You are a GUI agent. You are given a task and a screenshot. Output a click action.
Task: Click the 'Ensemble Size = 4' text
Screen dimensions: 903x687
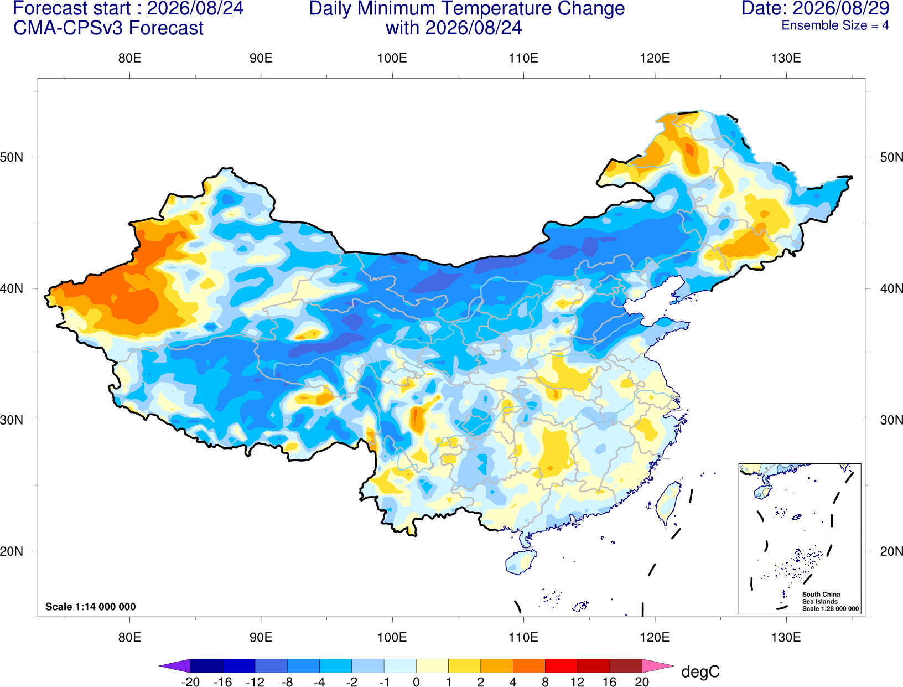(835, 25)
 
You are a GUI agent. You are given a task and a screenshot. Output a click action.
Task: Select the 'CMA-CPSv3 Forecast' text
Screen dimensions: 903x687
(108, 28)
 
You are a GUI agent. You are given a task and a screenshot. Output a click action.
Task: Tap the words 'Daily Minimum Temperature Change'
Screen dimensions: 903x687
(467, 8)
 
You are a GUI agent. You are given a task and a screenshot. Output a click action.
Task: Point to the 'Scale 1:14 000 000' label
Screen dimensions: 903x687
(91, 606)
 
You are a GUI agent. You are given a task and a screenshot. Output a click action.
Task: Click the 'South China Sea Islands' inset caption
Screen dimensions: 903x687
(821, 598)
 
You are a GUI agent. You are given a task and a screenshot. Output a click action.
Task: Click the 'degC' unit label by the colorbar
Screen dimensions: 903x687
(700, 671)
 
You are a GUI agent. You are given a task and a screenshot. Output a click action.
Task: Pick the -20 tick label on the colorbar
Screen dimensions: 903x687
(190, 682)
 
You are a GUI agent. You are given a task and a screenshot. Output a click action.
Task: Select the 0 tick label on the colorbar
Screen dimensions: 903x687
(416, 682)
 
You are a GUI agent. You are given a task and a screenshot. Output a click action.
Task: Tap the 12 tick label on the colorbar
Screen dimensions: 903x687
(578, 682)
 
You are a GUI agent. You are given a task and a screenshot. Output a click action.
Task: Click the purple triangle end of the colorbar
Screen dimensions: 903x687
(175, 665)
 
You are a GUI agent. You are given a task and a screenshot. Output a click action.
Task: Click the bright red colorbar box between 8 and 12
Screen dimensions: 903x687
(562, 665)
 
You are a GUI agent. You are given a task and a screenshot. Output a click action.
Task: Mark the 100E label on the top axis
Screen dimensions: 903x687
(392, 58)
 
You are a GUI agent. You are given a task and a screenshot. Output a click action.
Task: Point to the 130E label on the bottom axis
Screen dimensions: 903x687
(786, 637)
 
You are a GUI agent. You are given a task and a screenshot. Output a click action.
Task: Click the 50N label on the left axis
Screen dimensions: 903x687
(12, 157)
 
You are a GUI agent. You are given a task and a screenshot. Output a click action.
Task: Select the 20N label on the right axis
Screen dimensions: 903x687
(891, 551)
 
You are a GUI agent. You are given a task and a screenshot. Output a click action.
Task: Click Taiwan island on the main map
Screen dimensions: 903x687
(667, 503)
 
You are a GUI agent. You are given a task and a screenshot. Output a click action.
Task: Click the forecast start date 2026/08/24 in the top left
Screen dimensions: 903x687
(195, 8)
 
